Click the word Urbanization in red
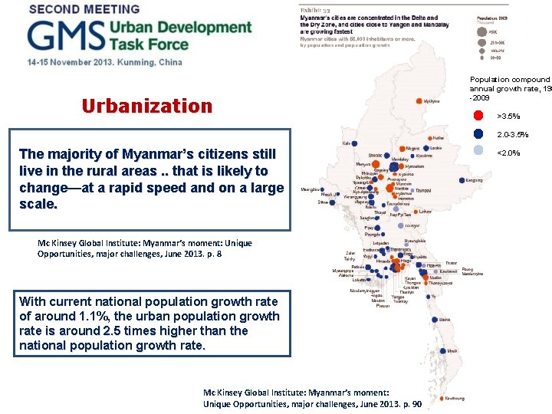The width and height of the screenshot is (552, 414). point(146,106)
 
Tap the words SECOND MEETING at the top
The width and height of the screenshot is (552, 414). point(84,9)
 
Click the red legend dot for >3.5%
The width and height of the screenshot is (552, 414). point(478,117)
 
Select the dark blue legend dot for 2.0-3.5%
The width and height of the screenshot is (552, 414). point(478,135)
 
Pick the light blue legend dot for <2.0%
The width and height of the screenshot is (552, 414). point(478,153)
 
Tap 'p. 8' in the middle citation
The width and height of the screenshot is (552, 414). point(215,254)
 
